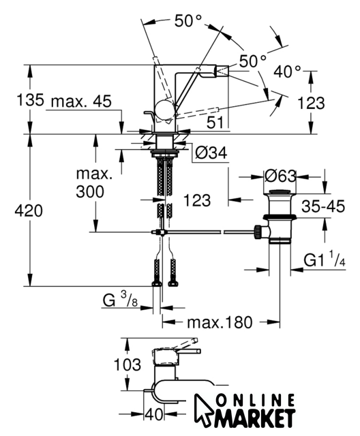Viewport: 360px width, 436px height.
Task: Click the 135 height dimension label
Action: (x=30, y=99)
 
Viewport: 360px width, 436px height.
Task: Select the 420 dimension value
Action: (x=29, y=211)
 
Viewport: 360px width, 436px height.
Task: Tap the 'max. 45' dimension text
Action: (x=81, y=102)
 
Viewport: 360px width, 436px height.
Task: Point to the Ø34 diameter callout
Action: (x=211, y=153)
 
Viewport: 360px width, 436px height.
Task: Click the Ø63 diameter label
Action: (x=280, y=176)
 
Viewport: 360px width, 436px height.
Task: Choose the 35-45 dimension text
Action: (x=323, y=206)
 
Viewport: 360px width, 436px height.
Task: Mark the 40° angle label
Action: (x=287, y=72)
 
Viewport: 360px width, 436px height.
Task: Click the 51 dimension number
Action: (x=215, y=123)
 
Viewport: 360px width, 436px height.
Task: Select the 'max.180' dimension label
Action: (x=220, y=322)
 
